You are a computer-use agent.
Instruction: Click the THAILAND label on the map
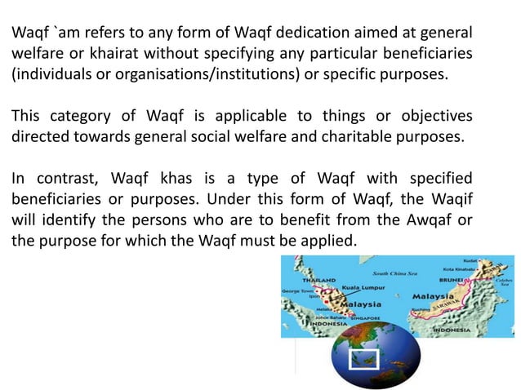point(320,278)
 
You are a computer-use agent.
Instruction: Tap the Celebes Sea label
point(505,281)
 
